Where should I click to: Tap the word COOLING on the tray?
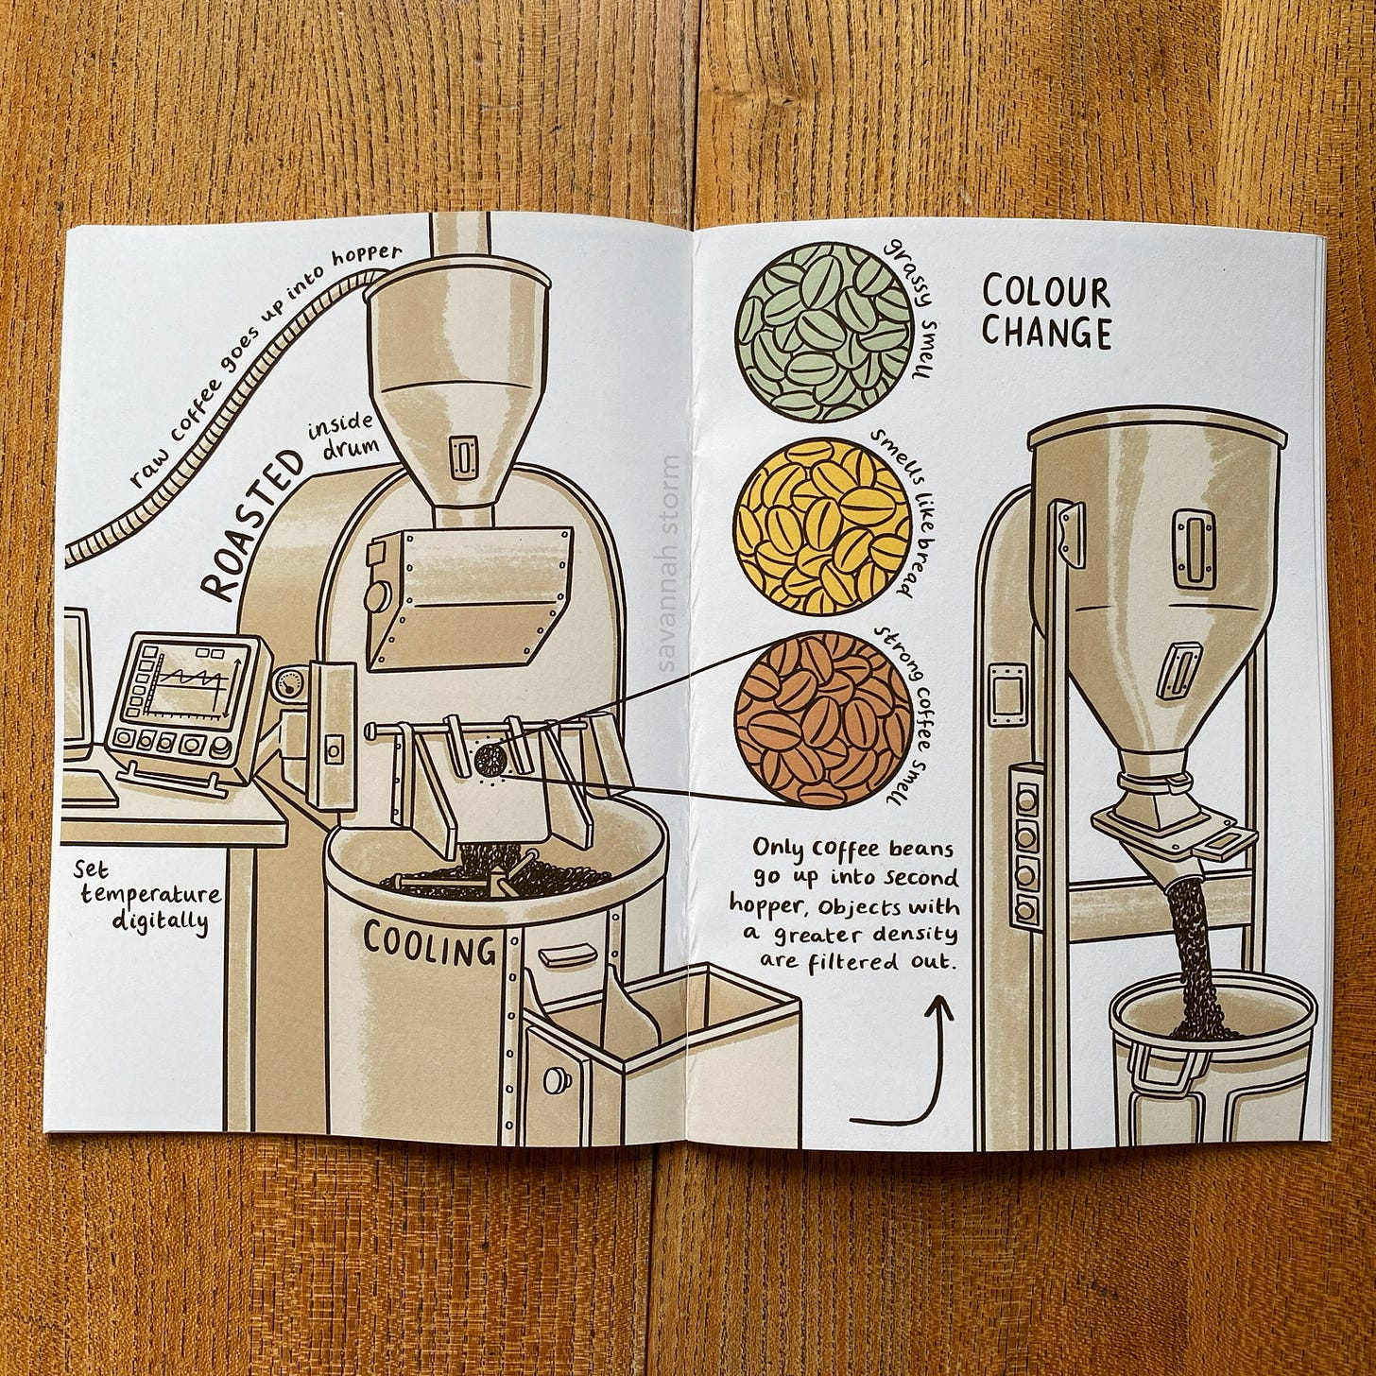(430, 945)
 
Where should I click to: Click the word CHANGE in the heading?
(1045, 334)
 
